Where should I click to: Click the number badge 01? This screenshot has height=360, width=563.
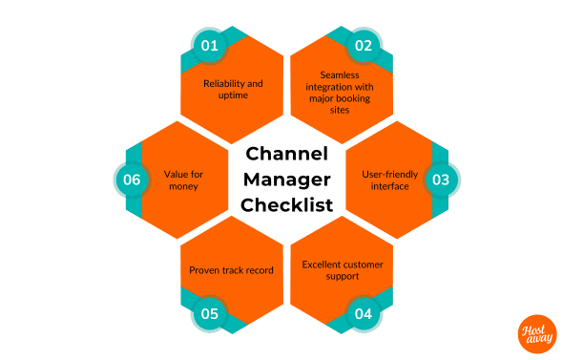click(207, 44)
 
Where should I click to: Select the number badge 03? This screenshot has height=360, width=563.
click(442, 179)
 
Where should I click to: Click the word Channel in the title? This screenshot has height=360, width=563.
click(286, 154)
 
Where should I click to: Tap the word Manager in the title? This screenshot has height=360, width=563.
click(286, 179)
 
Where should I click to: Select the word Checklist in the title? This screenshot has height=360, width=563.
click(286, 203)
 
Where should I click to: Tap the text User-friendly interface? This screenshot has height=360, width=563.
click(389, 180)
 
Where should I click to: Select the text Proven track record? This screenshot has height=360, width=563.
click(231, 270)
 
